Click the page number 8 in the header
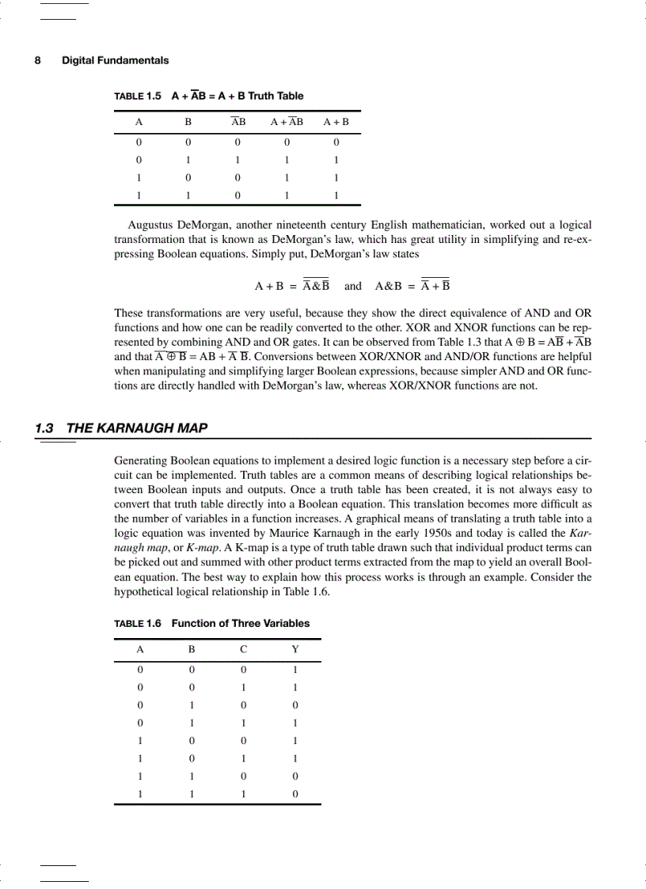[38, 60]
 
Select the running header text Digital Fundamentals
[115, 60]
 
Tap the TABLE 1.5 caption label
[138, 96]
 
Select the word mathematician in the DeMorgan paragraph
[408, 225]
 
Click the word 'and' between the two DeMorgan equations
[353, 286]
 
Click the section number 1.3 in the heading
[45, 428]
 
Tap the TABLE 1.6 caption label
[138, 623]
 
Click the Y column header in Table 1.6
[294, 649]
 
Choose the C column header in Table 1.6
[243, 649]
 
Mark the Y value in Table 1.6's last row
[294, 793]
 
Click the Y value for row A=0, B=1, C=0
[294, 705]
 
